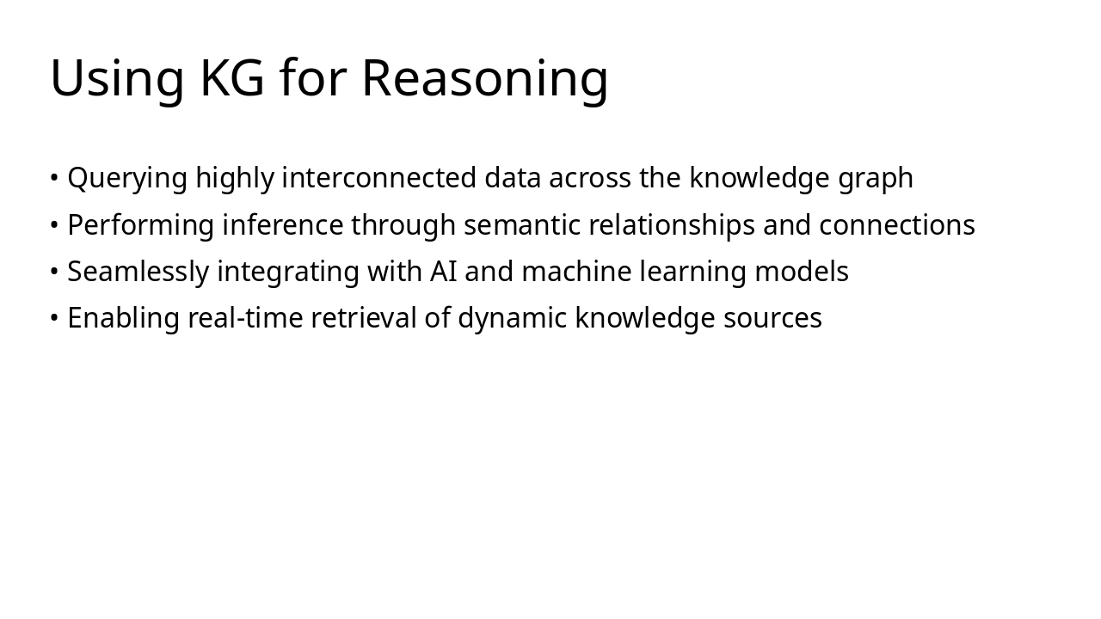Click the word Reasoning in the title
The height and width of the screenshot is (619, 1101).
tap(484, 79)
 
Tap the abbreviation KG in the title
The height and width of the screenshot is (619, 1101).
tap(232, 79)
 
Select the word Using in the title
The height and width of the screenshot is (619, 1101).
tap(117, 79)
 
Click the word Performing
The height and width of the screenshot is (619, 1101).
tap(141, 225)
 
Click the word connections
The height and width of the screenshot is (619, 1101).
tap(896, 225)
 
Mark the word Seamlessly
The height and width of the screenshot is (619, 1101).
tap(138, 272)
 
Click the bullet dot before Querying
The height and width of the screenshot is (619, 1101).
tap(54, 179)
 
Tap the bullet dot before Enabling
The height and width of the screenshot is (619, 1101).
tap(54, 318)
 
